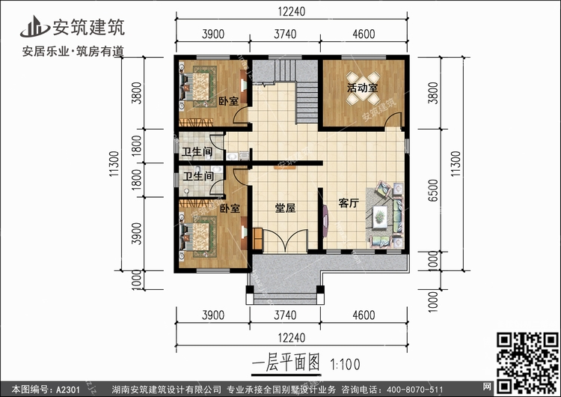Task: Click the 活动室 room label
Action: click(x=361, y=88)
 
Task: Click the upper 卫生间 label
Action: click(x=198, y=151)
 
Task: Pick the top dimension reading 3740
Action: click(x=286, y=34)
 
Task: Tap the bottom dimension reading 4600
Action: click(x=364, y=315)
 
